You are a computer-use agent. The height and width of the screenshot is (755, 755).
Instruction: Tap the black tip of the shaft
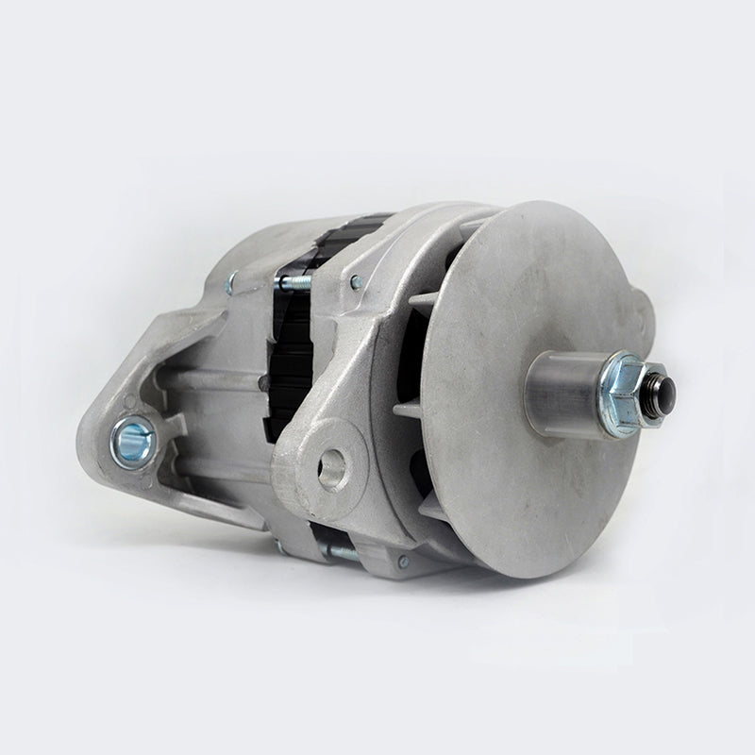coord(656,384)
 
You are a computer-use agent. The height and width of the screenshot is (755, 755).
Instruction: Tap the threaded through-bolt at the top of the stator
coord(294,280)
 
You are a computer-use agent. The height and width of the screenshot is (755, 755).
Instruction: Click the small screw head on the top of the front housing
coord(356,280)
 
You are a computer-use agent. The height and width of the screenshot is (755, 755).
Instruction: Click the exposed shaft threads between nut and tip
coord(645,387)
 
